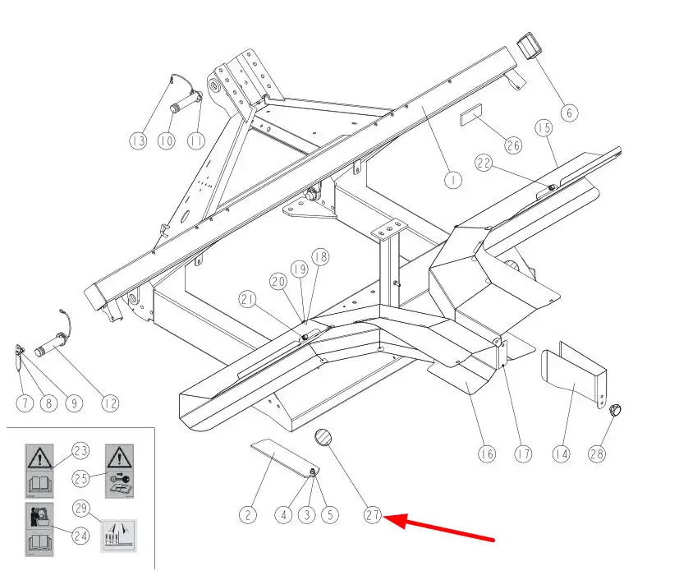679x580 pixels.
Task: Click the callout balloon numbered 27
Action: (373, 516)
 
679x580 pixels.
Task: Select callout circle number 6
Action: (569, 112)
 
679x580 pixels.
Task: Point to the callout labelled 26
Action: (512, 145)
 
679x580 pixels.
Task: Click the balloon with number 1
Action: (452, 178)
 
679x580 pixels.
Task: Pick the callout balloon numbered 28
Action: (598, 453)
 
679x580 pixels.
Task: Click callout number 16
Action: (487, 453)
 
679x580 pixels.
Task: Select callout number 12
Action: (109, 403)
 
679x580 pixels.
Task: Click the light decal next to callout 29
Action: (118, 536)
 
